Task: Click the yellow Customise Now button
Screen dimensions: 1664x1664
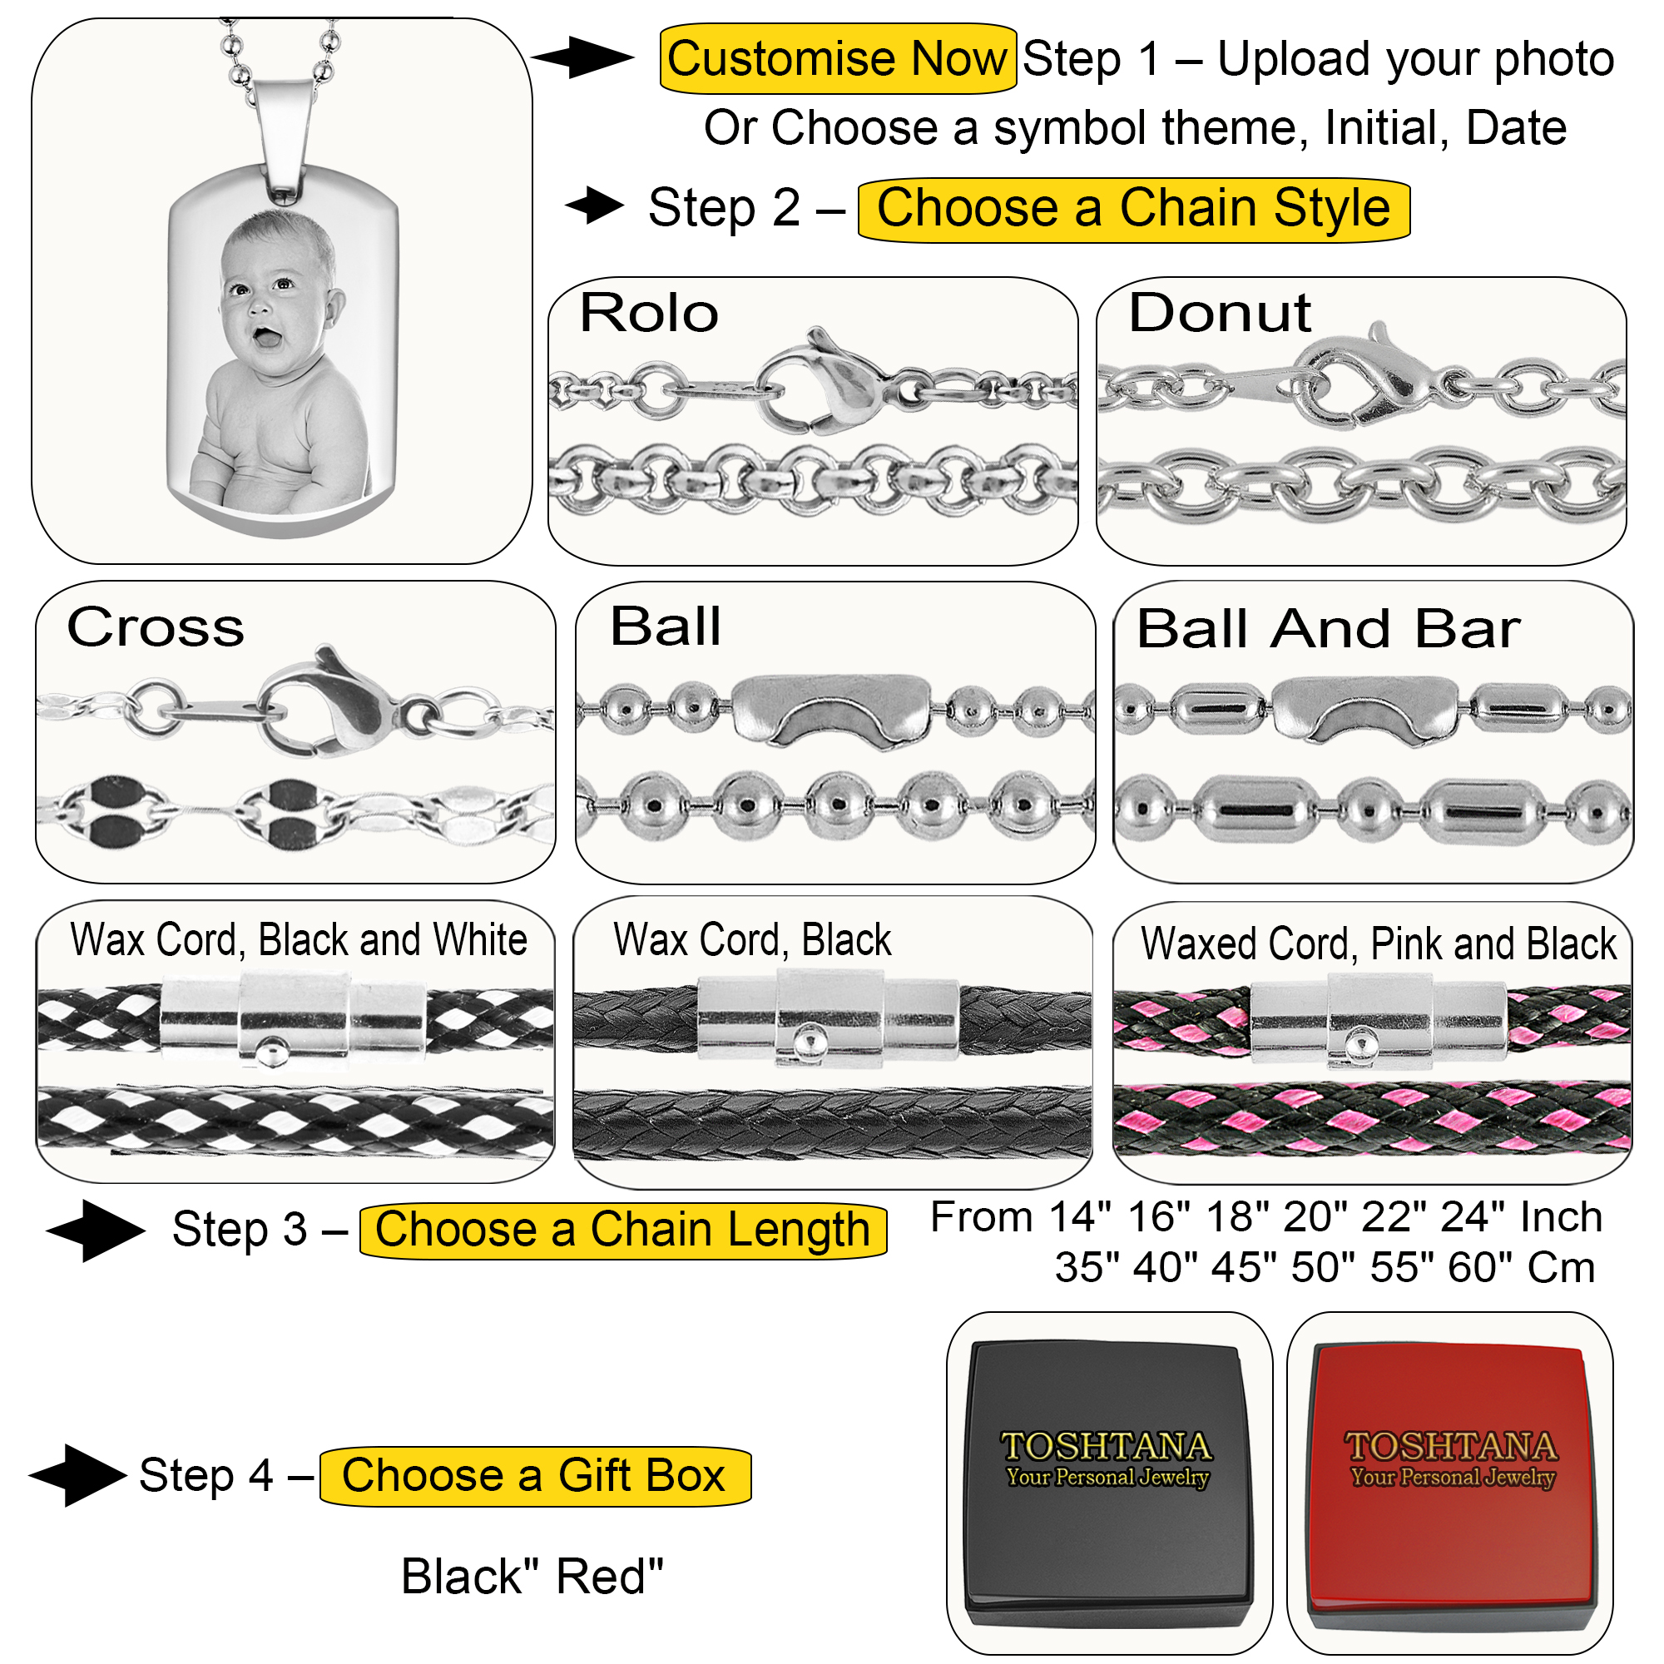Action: pos(836,58)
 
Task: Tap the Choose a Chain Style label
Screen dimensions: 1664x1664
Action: pos(1132,210)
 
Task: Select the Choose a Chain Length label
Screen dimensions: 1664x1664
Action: pos(622,1229)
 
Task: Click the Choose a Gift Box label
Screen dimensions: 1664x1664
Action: pos(534,1475)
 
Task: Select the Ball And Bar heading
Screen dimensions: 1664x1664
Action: pos(1327,628)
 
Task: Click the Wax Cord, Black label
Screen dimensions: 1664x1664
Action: pos(752,938)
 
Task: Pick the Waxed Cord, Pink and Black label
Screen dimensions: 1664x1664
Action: pos(1378,943)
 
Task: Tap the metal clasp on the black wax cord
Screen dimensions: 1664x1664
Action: pos(828,1017)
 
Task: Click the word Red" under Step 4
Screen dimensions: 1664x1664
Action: pos(610,1577)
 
